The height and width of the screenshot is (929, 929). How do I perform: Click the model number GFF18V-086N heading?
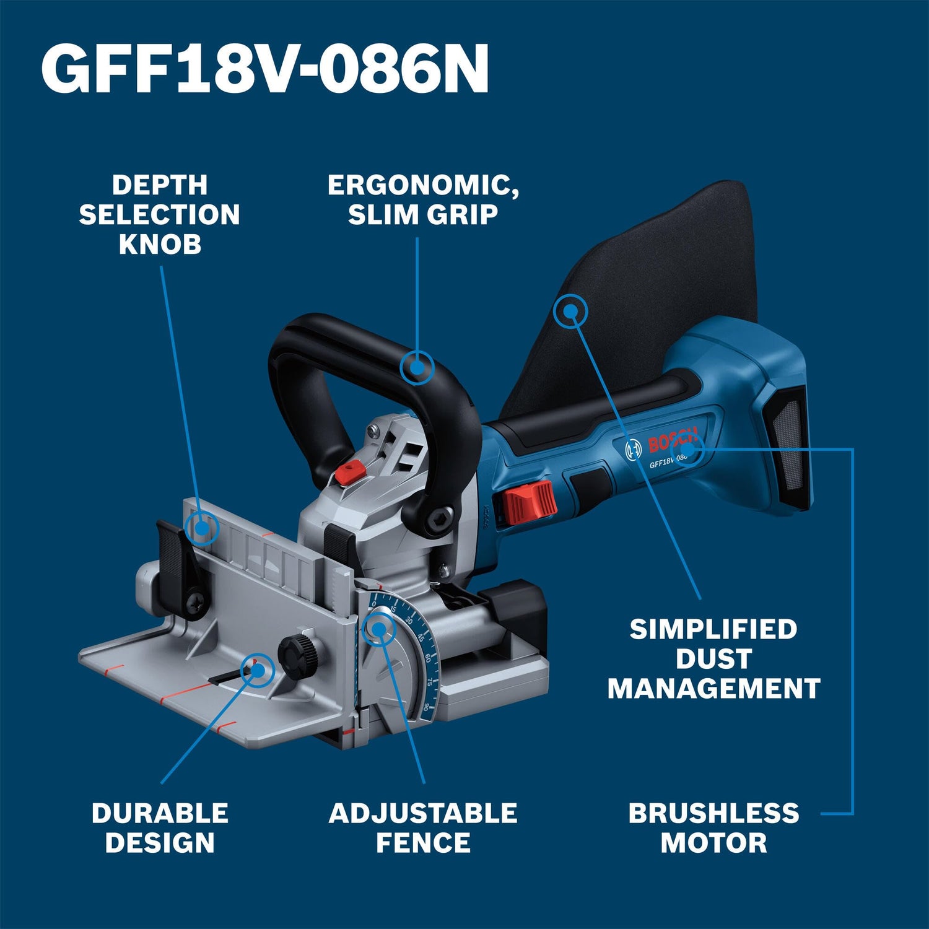[x=265, y=69]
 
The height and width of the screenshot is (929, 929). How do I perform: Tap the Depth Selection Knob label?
[x=159, y=214]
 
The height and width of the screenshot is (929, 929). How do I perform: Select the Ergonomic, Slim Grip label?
[x=423, y=199]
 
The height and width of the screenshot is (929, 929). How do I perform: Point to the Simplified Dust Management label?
[x=713, y=659]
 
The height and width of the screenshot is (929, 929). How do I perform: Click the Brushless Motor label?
[x=713, y=827]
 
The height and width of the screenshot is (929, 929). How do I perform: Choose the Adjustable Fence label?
[x=423, y=827]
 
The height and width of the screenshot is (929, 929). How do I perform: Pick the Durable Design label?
[x=160, y=827]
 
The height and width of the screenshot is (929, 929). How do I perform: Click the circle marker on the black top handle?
[x=417, y=367]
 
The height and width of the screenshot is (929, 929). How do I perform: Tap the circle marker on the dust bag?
[x=570, y=311]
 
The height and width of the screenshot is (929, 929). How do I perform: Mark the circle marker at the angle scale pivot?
[x=378, y=629]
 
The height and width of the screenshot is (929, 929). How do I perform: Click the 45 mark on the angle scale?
[x=421, y=638]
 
